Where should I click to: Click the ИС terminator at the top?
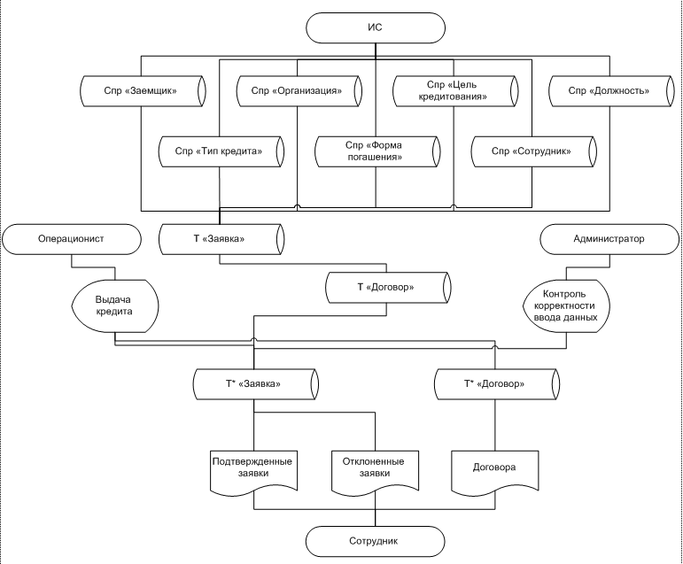coord(376,27)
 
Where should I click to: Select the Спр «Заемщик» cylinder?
coord(143,91)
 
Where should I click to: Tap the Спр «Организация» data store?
coord(299,91)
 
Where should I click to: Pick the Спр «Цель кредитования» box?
coord(455,91)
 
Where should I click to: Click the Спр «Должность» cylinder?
coord(611,91)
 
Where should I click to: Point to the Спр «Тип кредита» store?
coord(221,151)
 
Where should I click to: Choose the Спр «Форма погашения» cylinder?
coord(377,151)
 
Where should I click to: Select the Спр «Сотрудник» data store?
coord(533,151)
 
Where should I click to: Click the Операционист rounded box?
coord(72,239)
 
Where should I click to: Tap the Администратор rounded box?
coord(609,239)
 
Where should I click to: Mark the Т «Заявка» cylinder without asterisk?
coord(221,239)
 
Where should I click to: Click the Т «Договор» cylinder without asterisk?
coord(388,288)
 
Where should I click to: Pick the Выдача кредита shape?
coord(115,306)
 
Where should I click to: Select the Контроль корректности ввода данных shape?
coord(566,306)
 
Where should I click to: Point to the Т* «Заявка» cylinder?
coord(256,384)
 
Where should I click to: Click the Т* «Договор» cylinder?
coord(497,384)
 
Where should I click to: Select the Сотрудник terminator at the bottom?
coord(375,541)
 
